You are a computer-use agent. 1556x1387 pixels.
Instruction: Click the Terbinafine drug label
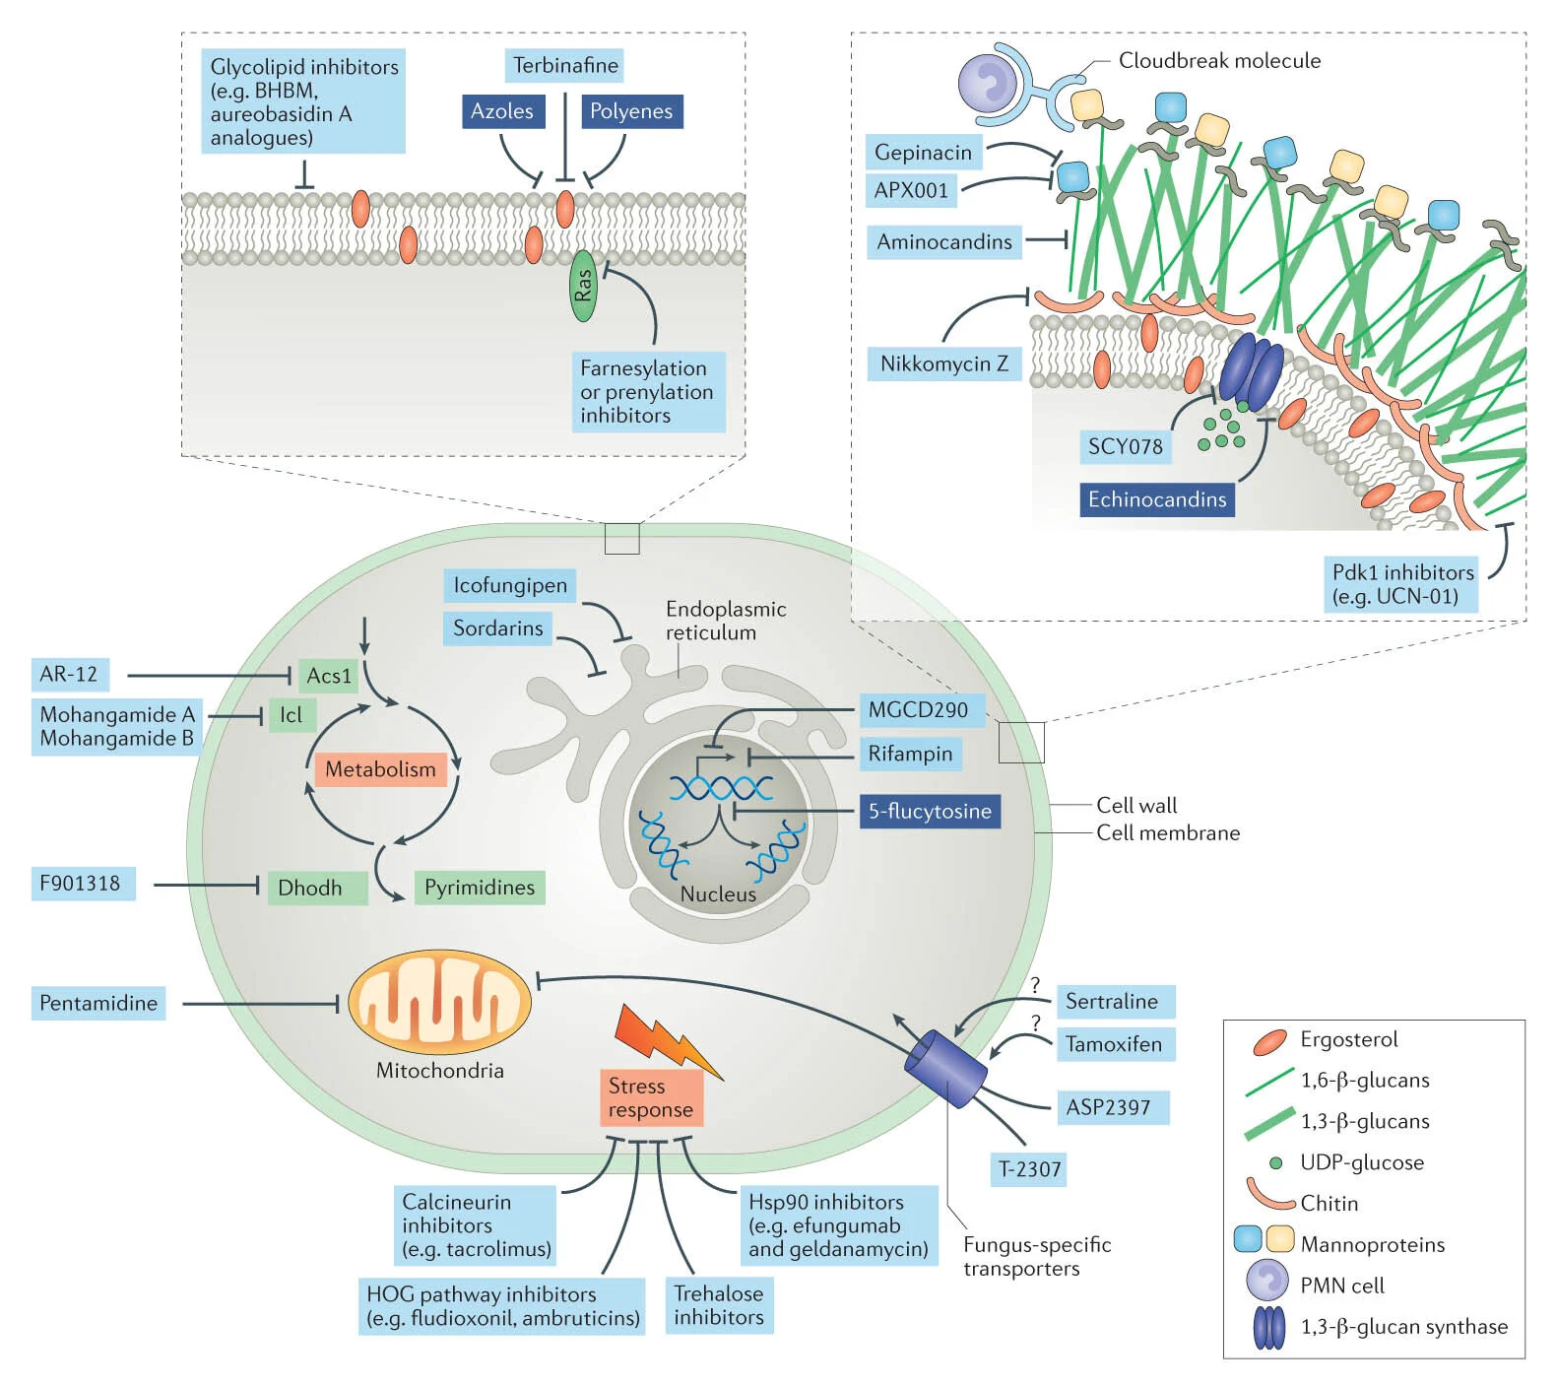pos(565,66)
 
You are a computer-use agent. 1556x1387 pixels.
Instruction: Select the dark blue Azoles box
pos(502,111)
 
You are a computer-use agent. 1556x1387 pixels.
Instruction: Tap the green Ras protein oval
pos(584,286)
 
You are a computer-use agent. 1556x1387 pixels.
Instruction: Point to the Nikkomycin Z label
pos(944,364)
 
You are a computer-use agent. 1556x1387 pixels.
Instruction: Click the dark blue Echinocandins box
pos(1157,499)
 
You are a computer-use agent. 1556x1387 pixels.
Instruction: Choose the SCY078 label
pos(1125,447)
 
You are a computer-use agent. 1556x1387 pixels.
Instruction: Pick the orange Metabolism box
pos(380,769)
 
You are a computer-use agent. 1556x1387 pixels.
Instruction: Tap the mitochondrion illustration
pos(440,1002)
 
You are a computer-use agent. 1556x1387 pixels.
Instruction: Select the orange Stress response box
pos(651,1098)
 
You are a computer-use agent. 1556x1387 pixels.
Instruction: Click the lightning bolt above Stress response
pos(666,1039)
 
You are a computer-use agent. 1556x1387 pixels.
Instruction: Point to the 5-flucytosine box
pos(930,812)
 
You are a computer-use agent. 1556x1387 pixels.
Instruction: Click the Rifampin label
pos(910,755)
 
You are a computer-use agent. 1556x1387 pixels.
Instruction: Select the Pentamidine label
pos(98,1003)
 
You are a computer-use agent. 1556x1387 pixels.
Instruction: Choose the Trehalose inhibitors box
pos(719,1305)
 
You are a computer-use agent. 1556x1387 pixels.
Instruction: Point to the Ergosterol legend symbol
pos(1269,1041)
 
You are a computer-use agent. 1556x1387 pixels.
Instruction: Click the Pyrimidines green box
pos(480,888)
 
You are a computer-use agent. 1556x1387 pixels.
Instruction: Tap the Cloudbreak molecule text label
pos(1219,61)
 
